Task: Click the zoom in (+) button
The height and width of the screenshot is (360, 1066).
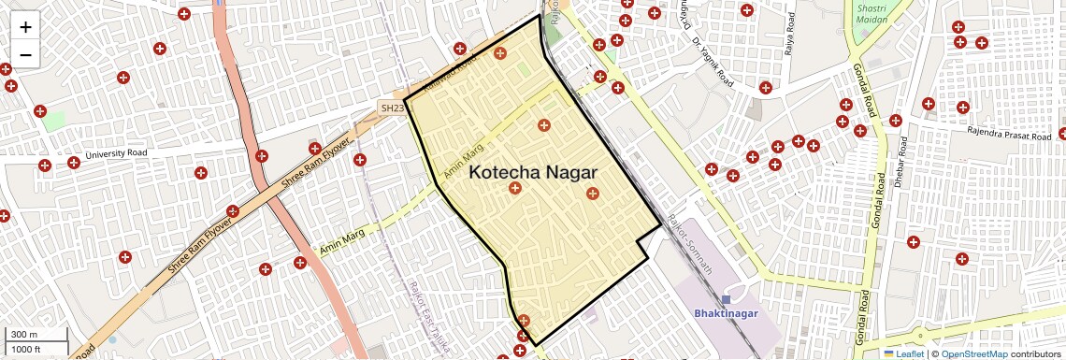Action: (x=25, y=27)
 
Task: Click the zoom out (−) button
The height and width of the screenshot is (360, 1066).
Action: (x=25, y=54)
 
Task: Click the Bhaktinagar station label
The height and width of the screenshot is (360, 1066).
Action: (x=726, y=313)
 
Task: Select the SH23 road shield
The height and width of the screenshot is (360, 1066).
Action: (x=393, y=108)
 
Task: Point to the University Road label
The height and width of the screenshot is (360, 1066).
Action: (x=116, y=153)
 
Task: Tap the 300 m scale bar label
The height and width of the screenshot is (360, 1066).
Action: (x=24, y=334)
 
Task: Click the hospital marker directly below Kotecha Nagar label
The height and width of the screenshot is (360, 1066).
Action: (x=514, y=189)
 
